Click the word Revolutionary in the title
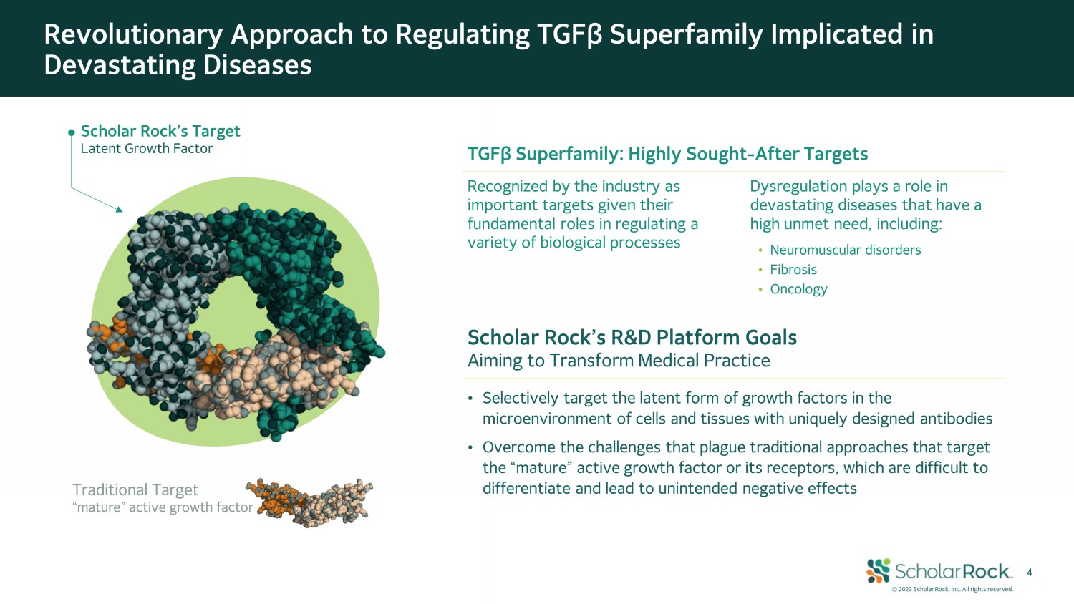(x=133, y=34)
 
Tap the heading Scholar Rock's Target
(x=160, y=131)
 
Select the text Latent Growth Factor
(x=146, y=149)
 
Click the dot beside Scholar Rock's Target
(x=72, y=132)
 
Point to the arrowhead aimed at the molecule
(x=119, y=208)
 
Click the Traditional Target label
(x=135, y=490)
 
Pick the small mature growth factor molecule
(x=309, y=503)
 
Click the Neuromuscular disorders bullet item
(x=846, y=250)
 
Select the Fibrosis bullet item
(x=793, y=269)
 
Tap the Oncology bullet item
(x=798, y=289)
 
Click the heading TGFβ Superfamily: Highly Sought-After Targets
(x=667, y=154)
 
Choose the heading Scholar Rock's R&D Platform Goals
(x=632, y=338)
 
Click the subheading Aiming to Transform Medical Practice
(x=619, y=361)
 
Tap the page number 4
(x=1029, y=573)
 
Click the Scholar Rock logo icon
(x=878, y=570)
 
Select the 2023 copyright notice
(x=952, y=589)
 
